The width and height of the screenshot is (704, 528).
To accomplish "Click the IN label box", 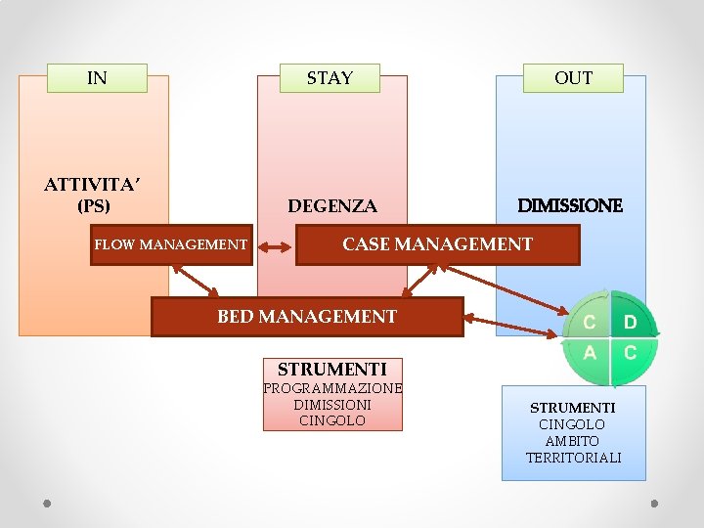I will pos(97,78).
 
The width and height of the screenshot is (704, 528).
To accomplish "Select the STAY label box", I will pos(330,78).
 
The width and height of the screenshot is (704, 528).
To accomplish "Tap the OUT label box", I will pos(573,78).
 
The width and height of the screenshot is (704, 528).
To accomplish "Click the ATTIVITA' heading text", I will pos(94,184).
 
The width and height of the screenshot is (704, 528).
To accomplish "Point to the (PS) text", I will pos(94,206).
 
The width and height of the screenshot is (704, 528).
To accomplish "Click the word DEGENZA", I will pos(331,206).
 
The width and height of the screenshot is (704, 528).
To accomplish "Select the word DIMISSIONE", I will pos(569,206).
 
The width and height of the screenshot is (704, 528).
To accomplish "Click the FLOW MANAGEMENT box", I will pos(170,244).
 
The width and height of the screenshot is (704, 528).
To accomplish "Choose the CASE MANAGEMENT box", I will pos(437,244).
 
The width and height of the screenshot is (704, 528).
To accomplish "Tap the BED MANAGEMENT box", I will pos(307,317).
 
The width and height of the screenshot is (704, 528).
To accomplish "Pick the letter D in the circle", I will pos(630,322).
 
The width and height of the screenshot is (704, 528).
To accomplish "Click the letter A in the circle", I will pos(590,353).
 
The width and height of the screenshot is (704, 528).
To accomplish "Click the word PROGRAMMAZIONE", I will pos(332,388).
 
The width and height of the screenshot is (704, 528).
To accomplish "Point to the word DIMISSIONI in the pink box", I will pos(332,404).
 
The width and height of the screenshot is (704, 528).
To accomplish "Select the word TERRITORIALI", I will pos(573,458).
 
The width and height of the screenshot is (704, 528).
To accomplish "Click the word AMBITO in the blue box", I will pos(573,441).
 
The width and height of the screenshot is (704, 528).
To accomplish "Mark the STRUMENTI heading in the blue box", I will pos(573,407).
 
